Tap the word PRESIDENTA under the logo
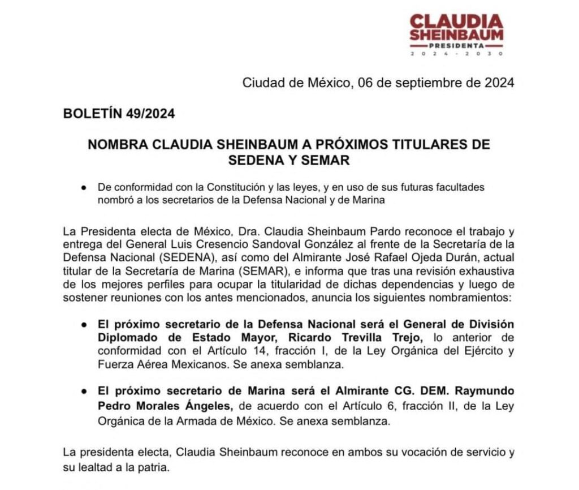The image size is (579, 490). point(456,45)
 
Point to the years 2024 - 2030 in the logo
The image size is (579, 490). point(456,54)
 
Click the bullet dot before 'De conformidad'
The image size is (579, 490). point(84,187)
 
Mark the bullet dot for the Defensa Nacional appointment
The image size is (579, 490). point(84,325)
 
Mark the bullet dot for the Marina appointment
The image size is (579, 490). point(84,392)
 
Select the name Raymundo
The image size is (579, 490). point(485,392)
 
